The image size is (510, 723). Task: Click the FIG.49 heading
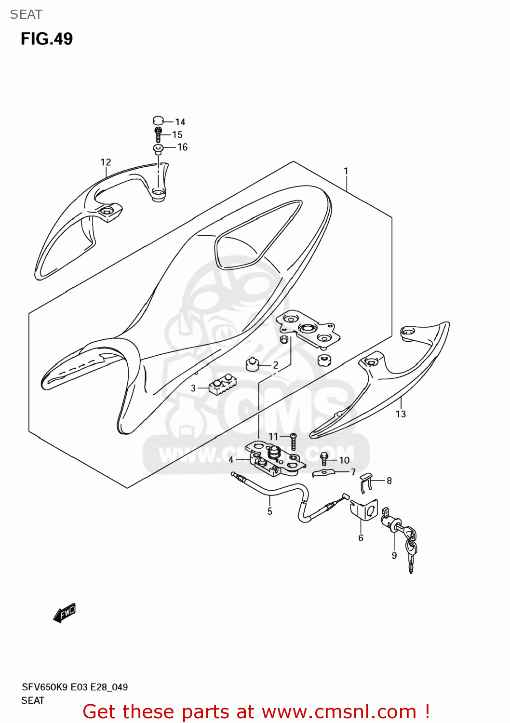point(46,39)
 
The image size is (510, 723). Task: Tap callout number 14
point(180,122)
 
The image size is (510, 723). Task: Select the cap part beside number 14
point(159,120)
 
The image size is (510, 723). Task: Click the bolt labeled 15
point(158,134)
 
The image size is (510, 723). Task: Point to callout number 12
point(106,162)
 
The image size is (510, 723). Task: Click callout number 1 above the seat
point(346,171)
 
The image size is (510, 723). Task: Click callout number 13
point(401,414)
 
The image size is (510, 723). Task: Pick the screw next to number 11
point(293,442)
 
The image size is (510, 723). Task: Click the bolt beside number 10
point(324,459)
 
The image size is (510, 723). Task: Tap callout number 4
point(231,460)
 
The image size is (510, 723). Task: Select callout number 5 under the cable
point(270,511)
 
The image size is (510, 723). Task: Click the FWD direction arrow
point(65,613)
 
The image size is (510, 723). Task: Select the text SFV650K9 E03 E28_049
point(75,687)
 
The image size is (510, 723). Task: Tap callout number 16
point(182,147)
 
